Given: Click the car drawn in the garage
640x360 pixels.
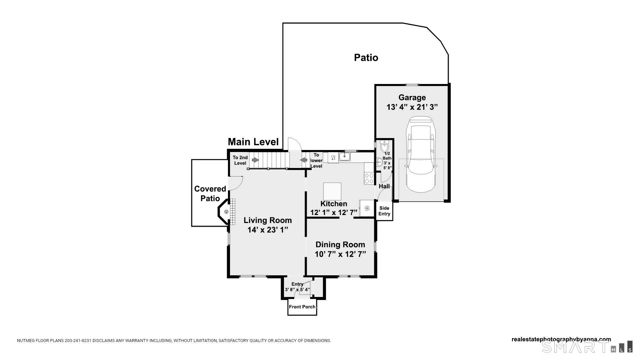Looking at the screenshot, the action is (x=421, y=154).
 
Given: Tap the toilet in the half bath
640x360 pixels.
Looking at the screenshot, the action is (x=385, y=146).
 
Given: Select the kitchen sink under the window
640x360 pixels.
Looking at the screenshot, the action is (x=345, y=156).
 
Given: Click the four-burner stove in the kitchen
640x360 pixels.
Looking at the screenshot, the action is (x=369, y=178).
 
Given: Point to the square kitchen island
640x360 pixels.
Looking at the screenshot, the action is (x=332, y=191).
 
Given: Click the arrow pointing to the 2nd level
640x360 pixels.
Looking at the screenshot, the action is (x=255, y=160).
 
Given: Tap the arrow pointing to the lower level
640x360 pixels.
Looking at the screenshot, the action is (x=304, y=160).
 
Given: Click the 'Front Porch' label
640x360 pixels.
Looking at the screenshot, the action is (x=302, y=307).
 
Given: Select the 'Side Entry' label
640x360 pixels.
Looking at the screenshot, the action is (x=384, y=211).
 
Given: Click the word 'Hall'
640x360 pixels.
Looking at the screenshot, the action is (x=384, y=186).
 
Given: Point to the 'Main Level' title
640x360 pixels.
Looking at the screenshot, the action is (x=253, y=142).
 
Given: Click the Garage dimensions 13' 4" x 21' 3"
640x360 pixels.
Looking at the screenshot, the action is (x=412, y=107).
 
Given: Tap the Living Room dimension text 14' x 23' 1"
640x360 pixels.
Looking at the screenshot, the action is (x=268, y=230).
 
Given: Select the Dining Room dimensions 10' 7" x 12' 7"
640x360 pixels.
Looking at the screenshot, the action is (x=340, y=254).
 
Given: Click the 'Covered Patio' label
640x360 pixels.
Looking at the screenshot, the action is (x=210, y=194).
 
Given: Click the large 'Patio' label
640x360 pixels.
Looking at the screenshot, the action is (x=366, y=58).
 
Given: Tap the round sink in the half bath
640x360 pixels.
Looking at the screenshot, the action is (x=379, y=162).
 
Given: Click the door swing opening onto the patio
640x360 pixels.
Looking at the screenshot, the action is (x=295, y=144).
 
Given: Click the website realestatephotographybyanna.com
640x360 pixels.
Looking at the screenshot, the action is (x=561, y=339).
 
